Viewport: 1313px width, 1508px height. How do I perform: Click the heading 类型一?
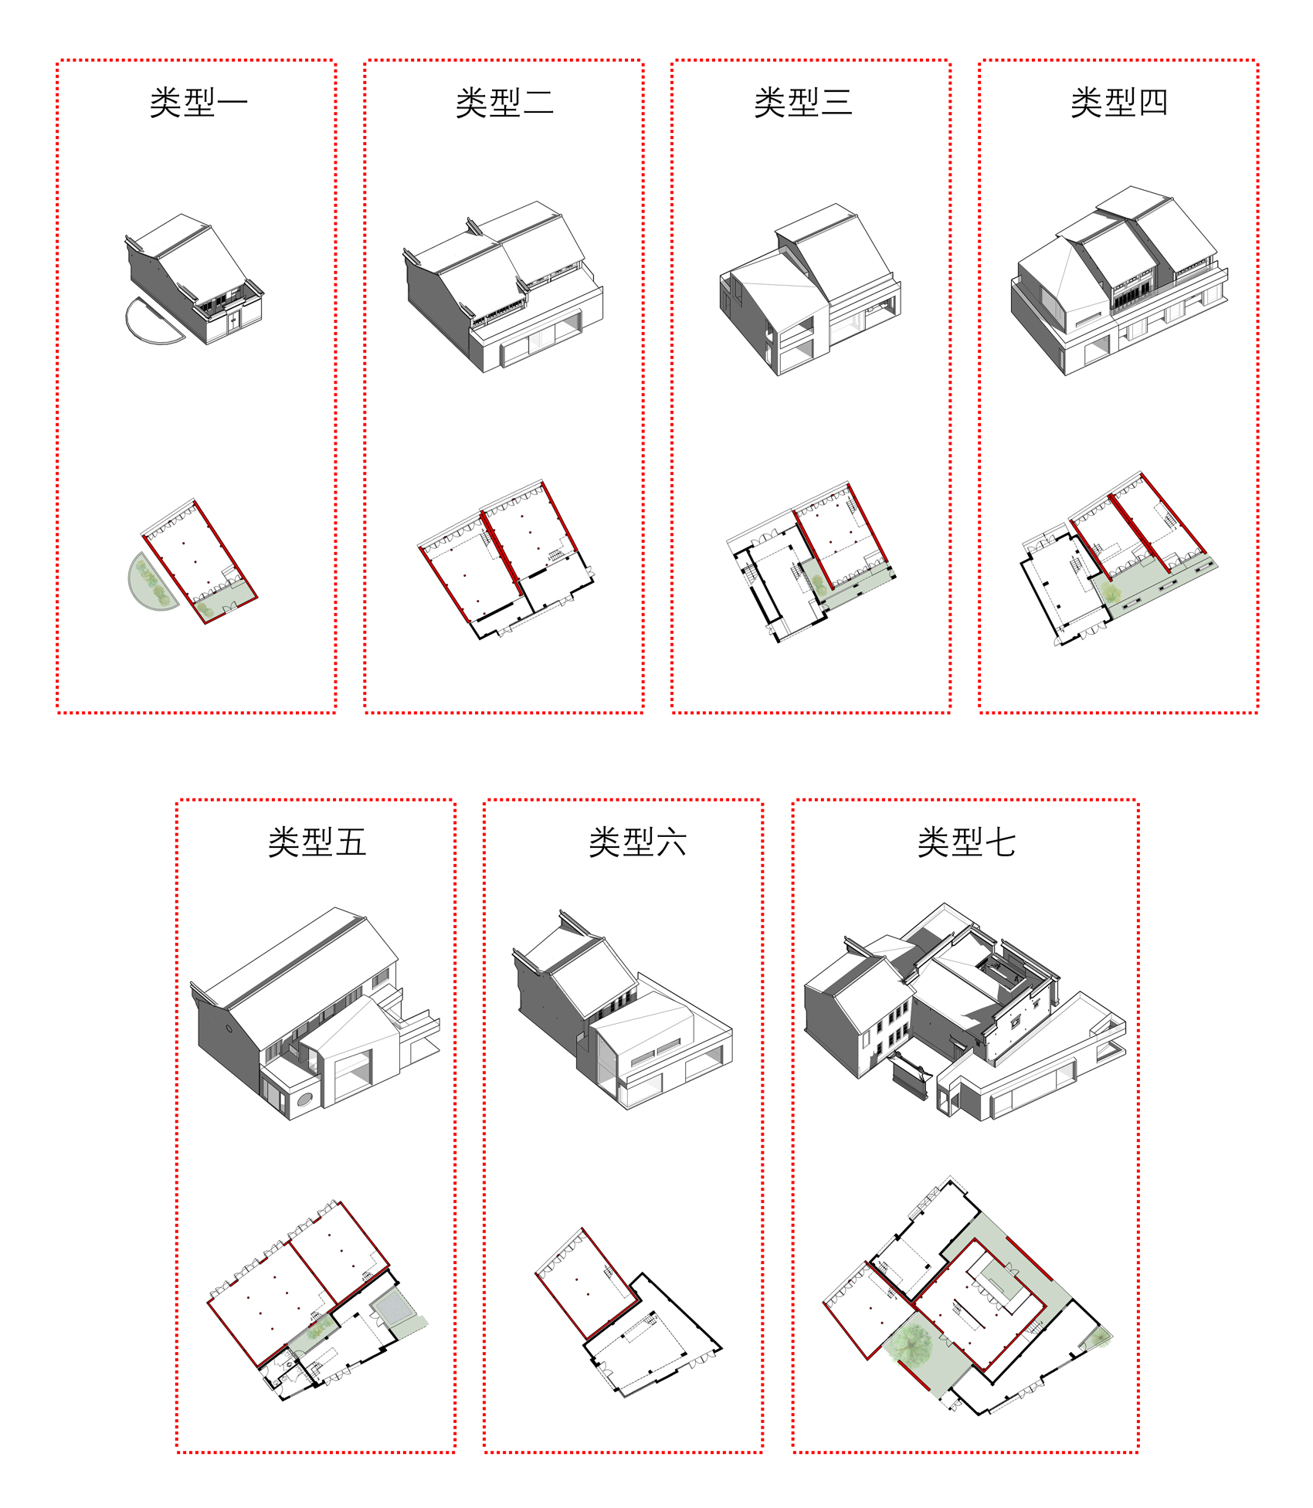[x=198, y=103]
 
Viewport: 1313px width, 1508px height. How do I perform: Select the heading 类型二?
[x=504, y=103]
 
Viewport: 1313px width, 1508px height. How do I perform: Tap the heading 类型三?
[x=803, y=103]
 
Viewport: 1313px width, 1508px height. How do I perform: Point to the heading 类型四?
[x=1118, y=103]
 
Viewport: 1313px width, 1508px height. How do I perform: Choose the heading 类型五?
[x=317, y=842]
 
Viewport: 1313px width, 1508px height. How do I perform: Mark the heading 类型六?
[x=637, y=842]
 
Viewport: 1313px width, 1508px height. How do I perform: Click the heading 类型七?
[x=966, y=842]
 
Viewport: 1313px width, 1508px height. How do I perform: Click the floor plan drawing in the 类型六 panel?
[x=626, y=1313]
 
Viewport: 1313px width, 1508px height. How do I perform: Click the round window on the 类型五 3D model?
[x=305, y=1099]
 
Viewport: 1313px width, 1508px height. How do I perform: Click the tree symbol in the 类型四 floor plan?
[x=1111, y=593]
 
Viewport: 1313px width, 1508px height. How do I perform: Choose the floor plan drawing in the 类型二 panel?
[x=506, y=560]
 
